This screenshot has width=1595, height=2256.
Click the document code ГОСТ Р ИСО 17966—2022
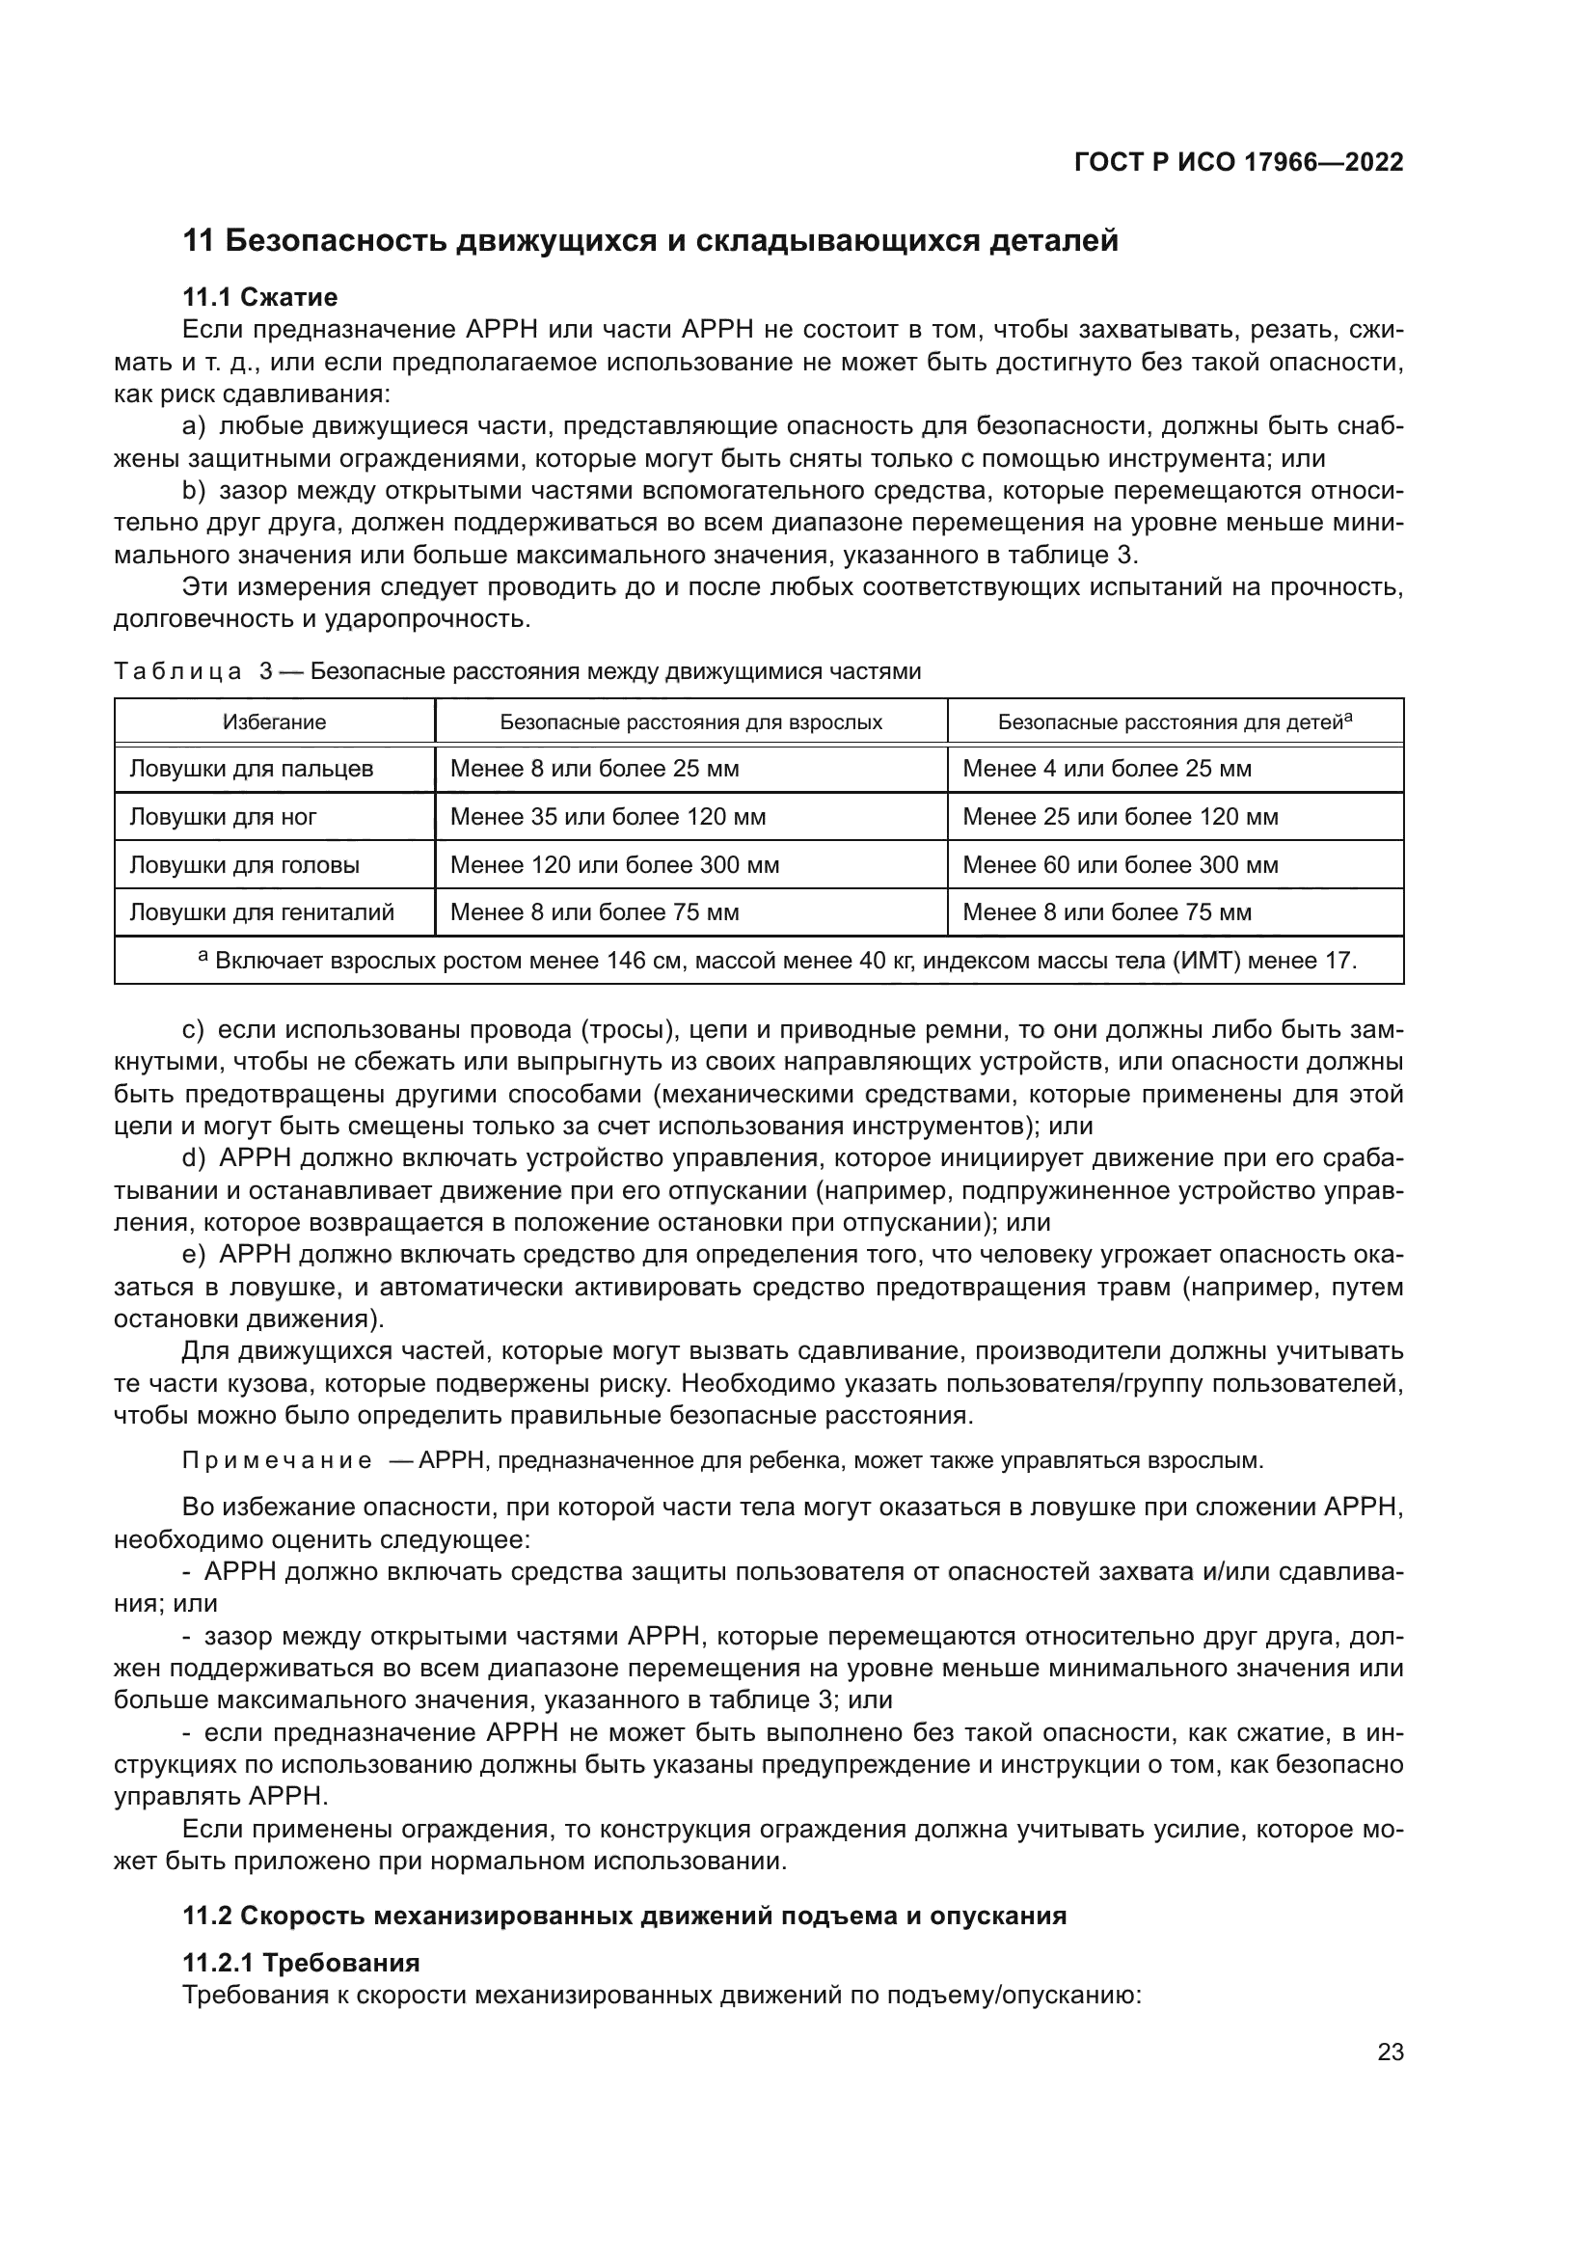pos(1238,163)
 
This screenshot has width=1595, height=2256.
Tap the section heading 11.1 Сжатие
pos(260,297)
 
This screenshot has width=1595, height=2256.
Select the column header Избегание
pos(274,722)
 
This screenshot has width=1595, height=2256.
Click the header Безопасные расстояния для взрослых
pos(690,722)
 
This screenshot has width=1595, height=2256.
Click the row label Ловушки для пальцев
pos(252,769)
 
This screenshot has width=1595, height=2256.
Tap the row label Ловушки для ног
pos(223,817)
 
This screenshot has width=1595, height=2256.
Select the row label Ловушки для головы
pos(245,864)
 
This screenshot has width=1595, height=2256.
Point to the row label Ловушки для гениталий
pos(262,911)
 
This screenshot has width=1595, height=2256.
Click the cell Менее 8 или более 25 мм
pos(594,769)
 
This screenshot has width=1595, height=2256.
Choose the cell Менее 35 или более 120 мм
pos(608,817)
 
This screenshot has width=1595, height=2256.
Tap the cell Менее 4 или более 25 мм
pos(1107,769)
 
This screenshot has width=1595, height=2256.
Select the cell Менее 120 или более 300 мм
pos(615,864)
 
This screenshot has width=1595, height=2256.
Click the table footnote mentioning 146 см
pos(777,960)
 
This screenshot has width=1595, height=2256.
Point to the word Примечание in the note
pos(277,1460)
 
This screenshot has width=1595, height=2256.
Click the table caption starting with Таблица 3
pos(518,671)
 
